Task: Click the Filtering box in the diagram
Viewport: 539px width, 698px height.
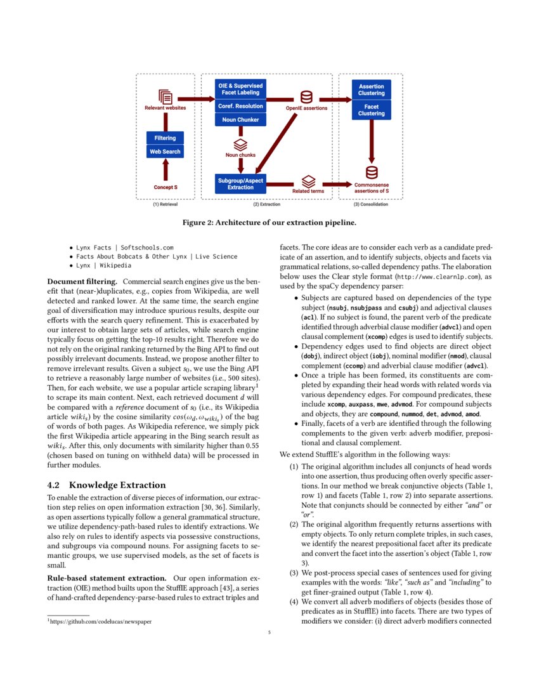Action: click(x=165, y=138)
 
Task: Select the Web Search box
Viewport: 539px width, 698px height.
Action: click(x=165, y=152)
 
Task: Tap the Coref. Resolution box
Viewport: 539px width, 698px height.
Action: click(x=240, y=106)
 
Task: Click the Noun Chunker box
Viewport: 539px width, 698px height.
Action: click(x=240, y=119)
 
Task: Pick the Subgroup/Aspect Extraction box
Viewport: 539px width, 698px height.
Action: click(x=240, y=183)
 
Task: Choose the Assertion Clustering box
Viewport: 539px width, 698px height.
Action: click(x=371, y=89)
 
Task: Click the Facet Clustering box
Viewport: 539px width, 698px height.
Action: click(x=371, y=110)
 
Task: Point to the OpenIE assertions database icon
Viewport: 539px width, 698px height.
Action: click(x=306, y=97)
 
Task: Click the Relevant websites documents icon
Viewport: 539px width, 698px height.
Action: click(x=166, y=96)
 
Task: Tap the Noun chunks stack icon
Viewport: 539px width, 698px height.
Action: click(x=240, y=144)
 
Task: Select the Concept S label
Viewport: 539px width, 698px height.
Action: click(x=166, y=187)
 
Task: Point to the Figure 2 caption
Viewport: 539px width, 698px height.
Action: click(x=269, y=222)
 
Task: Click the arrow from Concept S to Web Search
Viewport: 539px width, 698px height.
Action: click(x=166, y=170)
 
